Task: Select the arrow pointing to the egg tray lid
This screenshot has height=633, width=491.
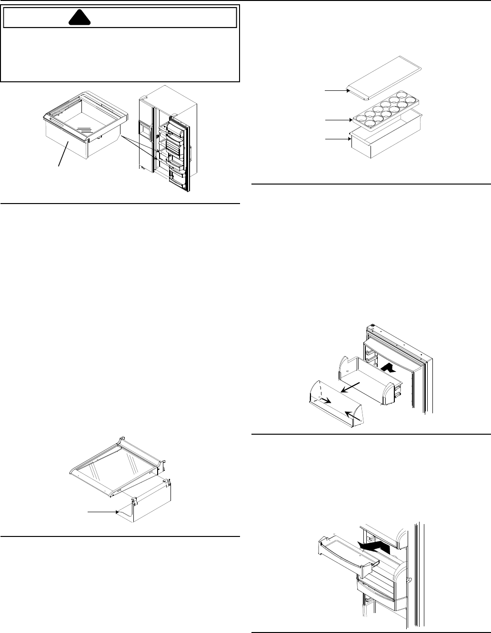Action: (335, 89)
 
